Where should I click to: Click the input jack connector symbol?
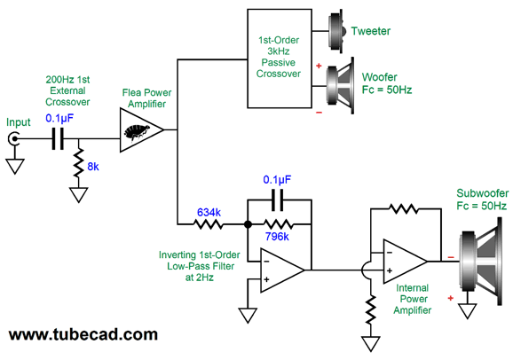[14, 138]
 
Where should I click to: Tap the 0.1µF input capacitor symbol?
[58, 138]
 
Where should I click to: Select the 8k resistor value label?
[93, 167]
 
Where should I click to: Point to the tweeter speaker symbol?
[337, 31]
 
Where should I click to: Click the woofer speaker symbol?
[341, 86]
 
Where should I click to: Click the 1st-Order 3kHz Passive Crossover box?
[280, 59]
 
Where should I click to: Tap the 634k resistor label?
[209, 213]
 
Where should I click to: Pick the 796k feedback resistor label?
[277, 237]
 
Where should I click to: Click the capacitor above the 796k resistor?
[278, 200]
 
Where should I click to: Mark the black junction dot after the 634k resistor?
[248, 224]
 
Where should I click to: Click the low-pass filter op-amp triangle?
[282, 270]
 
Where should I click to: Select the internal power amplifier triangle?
[405, 262]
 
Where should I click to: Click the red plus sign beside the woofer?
[319, 66]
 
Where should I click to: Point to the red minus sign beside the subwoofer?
[451, 257]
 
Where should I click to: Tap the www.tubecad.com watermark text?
[83, 334]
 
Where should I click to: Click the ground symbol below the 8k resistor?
[79, 195]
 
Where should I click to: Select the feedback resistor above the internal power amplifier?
[404, 208]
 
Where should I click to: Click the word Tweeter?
[371, 31]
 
